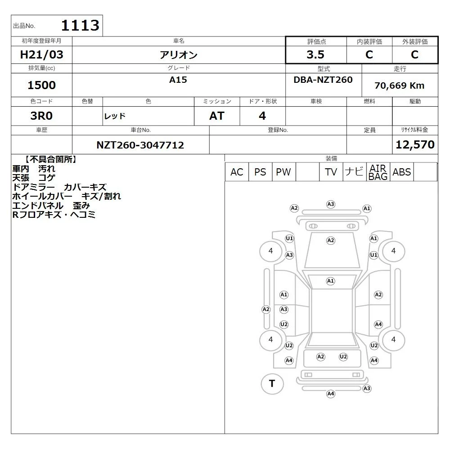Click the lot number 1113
80,25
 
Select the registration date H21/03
41,54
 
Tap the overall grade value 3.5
315,54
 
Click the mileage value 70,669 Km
399,85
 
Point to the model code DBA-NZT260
323,80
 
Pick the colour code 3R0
41,116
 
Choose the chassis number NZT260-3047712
140,145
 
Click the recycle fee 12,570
415,144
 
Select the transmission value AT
217,116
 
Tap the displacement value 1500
41,85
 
